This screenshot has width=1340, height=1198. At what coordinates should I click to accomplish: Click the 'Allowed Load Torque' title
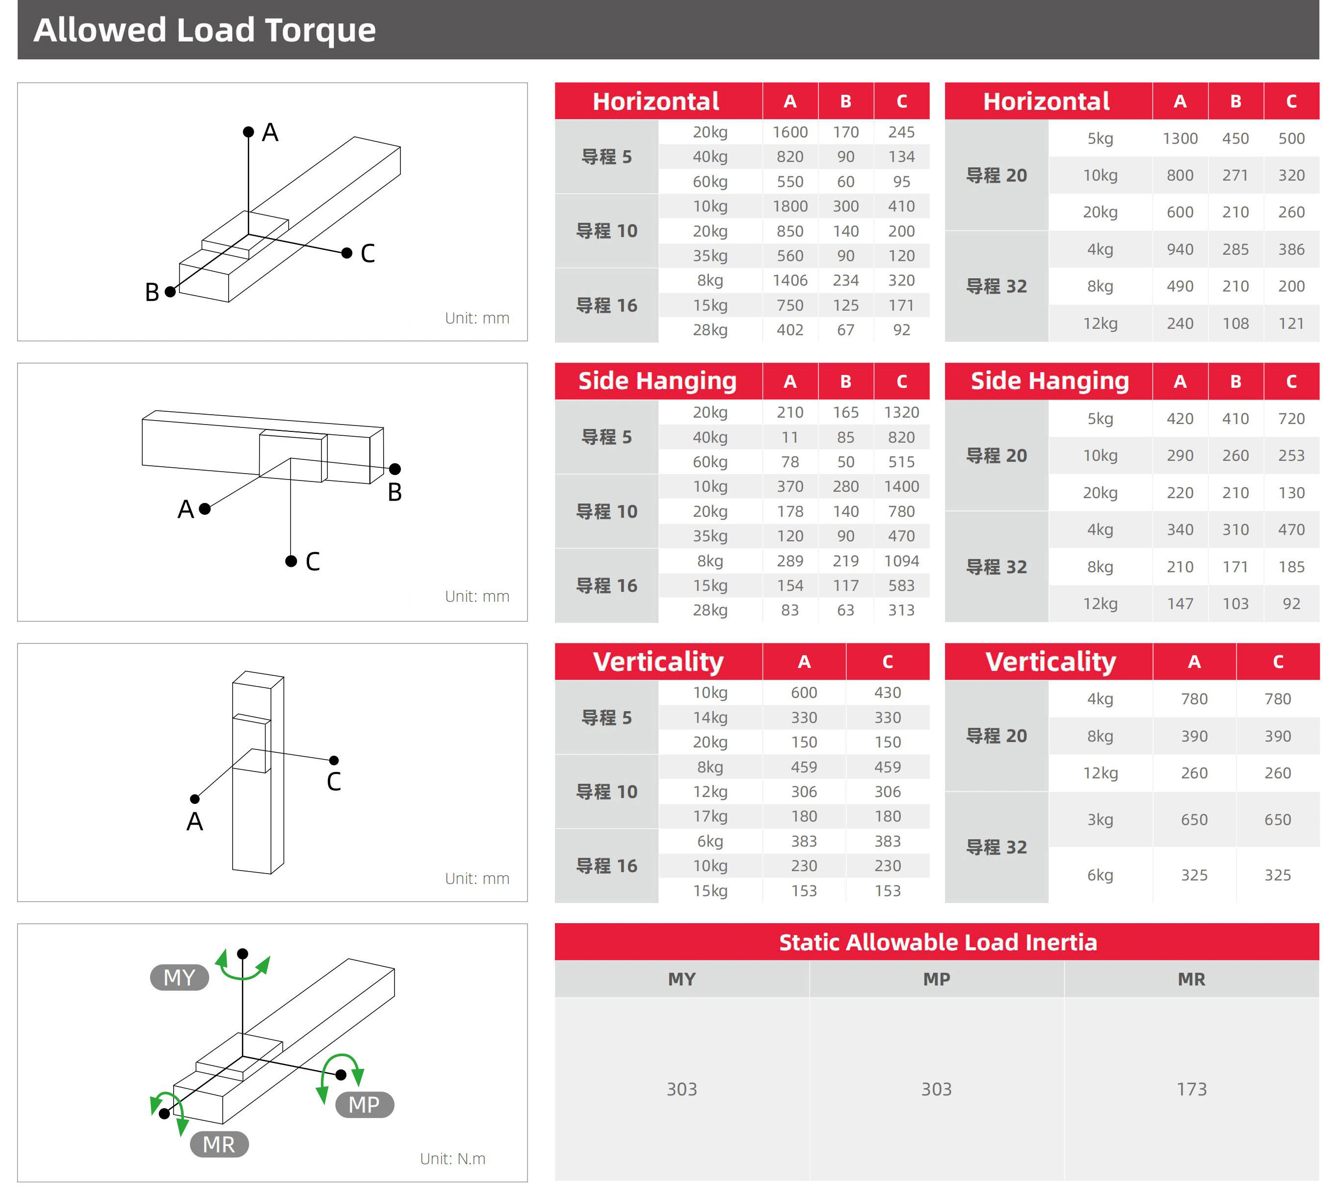point(205,30)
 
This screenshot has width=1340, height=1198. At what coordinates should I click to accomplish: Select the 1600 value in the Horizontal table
point(790,133)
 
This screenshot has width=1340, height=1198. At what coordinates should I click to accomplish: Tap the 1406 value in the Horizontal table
point(790,280)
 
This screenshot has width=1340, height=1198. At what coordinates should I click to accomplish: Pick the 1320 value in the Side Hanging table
point(901,413)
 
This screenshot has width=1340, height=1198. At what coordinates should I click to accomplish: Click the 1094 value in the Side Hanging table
point(901,561)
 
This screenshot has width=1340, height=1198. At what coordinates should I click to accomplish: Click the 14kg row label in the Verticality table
point(710,718)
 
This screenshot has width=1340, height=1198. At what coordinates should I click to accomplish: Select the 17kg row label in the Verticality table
point(710,816)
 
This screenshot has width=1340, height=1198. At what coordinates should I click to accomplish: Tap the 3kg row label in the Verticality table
point(1100,820)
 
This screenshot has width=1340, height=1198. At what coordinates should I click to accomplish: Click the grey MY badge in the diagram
point(179,978)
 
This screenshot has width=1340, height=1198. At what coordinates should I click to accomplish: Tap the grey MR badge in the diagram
point(219,1145)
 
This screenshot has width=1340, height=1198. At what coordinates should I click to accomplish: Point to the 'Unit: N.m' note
point(453,1159)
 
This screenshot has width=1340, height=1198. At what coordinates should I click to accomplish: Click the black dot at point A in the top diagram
point(249,133)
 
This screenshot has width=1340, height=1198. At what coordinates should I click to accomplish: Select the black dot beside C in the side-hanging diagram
point(291,561)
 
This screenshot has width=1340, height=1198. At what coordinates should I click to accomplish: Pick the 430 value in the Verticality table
point(887,692)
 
